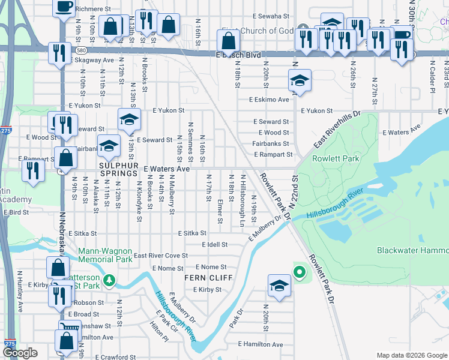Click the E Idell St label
[x=214, y=245]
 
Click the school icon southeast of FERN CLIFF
[x=279, y=286]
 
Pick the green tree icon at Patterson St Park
[x=109, y=280]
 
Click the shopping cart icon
[x=69, y=328]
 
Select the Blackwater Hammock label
[x=412, y=250]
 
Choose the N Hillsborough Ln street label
[x=243, y=192]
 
